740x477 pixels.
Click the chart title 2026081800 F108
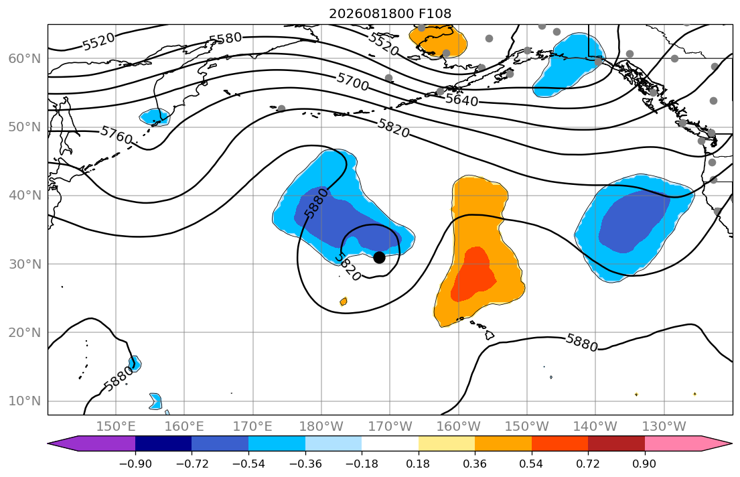click(x=390, y=13)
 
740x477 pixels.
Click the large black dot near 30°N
click(x=379, y=257)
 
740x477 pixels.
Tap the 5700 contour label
click(x=352, y=82)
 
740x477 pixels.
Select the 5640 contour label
click(x=461, y=99)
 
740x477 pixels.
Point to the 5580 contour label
click(x=226, y=38)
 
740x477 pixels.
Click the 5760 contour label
click(x=117, y=135)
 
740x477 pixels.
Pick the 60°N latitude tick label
click(x=25, y=58)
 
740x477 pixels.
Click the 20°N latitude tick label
click(x=25, y=332)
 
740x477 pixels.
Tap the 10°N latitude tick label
click(x=25, y=401)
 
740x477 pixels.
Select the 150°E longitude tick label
click(x=116, y=427)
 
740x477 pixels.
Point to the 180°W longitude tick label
click(x=321, y=427)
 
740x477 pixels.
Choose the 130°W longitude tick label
click(x=664, y=427)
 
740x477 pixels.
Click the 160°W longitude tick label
click(x=459, y=427)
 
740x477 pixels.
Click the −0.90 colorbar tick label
click(x=135, y=464)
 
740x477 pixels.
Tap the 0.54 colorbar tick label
click(x=532, y=464)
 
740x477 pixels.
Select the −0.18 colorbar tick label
click(x=362, y=464)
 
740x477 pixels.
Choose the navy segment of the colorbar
click(x=163, y=444)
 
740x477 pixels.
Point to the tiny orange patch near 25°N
click(x=344, y=301)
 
